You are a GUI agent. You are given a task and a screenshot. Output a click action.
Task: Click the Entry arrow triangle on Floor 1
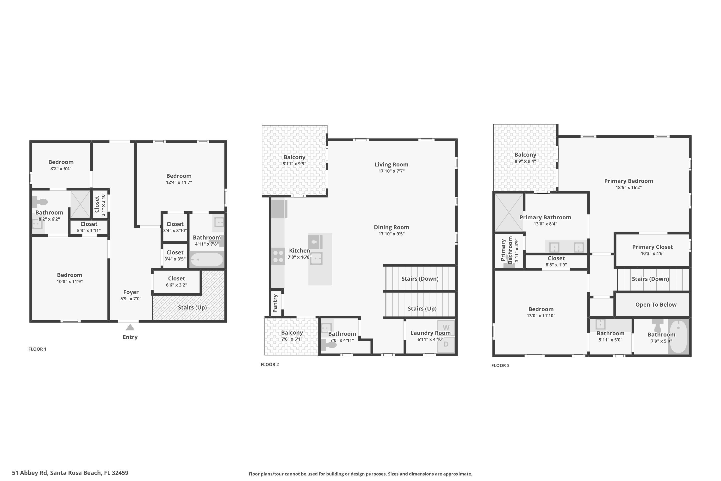pyautogui.click(x=130, y=327)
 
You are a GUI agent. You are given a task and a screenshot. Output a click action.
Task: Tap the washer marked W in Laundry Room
pyautogui.click(x=446, y=327)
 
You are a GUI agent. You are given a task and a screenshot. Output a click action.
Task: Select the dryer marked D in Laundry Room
pyautogui.click(x=446, y=344)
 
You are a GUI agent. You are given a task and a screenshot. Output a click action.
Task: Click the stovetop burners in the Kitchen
pyautogui.click(x=278, y=256)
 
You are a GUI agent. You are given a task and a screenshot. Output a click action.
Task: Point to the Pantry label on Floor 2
pyautogui.click(x=275, y=303)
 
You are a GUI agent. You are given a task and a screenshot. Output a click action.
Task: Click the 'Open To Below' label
pyautogui.click(x=656, y=305)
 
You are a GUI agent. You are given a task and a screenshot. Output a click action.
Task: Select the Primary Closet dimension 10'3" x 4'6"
pyautogui.click(x=652, y=253)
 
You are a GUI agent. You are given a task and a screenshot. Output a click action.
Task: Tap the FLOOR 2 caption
pyautogui.click(x=270, y=364)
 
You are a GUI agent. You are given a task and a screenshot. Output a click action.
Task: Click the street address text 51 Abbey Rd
pyautogui.click(x=70, y=473)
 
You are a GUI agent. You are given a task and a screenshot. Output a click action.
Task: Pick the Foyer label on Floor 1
pyautogui.click(x=131, y=292)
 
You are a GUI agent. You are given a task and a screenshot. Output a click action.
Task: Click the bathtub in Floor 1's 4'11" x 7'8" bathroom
pyautogui.click(x=207, y=259)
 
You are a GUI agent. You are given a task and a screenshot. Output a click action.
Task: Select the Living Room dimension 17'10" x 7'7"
pyautogui.click(x=392, y=171)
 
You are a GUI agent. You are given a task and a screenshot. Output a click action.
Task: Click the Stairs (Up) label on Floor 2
pyautogui.click(x=422, y=309)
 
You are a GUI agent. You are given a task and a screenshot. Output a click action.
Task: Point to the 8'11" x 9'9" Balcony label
pyautogui.click(x=294, y=157)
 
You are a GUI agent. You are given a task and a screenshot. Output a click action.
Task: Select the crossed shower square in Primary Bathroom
pyautogui.click(x=509, y=212)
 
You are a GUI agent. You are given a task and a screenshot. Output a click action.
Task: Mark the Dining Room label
pyautogui.click(x=391, y=227)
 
